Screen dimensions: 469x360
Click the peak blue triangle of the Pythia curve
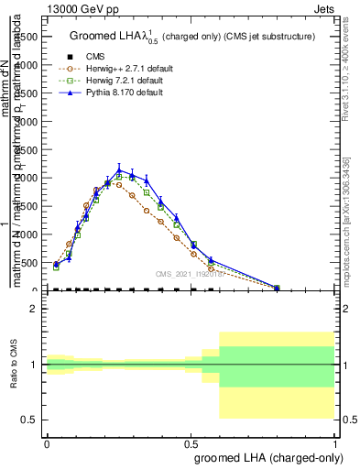(x=119, y=169)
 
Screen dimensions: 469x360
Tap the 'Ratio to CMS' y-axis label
(x=14, y=365)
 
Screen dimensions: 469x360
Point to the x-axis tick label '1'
(x=334, y=442)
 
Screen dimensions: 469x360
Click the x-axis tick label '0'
(x=46, y=442)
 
